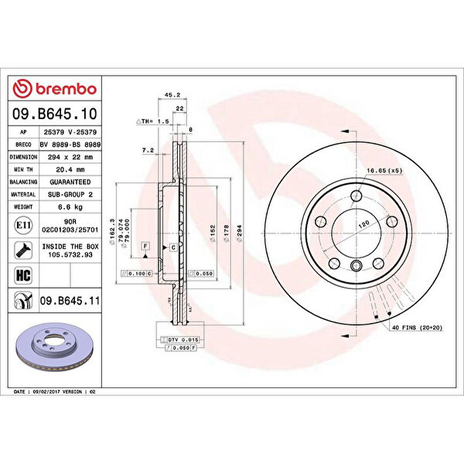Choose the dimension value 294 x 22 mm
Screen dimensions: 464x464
click(69, 156)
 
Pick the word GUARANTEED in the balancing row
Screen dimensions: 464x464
click(69, 182)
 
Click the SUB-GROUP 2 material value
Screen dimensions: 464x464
click(69, 194)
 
